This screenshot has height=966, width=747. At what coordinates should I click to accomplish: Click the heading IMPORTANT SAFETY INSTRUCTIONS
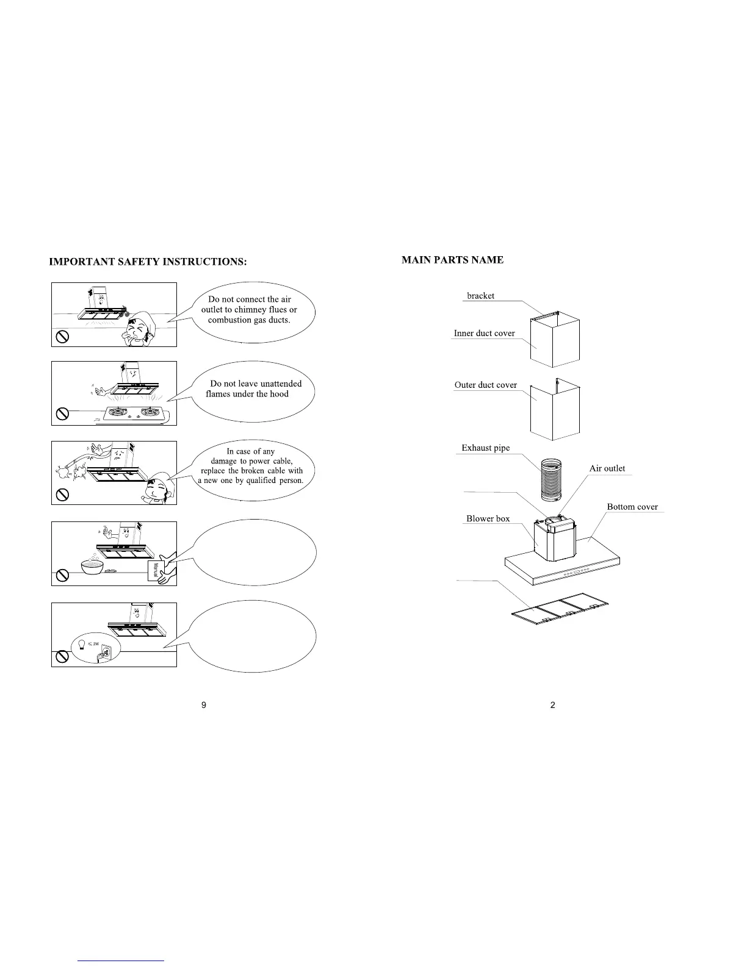[148, 262]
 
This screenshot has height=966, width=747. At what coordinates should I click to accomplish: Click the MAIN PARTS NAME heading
[452, 260]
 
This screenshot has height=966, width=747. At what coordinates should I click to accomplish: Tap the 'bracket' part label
[480, 296]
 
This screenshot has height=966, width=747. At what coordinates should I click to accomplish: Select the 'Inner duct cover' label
[484, 334]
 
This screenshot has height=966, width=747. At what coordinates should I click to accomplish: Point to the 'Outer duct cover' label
[485, 385]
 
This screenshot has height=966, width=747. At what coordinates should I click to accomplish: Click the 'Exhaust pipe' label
[485, 448]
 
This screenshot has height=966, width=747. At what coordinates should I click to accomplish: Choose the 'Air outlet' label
[607, 468]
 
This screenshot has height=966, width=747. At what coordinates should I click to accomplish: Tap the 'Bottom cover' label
[632, 507]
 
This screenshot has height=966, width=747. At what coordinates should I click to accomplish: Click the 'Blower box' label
[488, 519]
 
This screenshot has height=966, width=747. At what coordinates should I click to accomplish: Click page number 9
[204, 705]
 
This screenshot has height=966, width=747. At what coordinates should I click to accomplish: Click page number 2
[553, 705]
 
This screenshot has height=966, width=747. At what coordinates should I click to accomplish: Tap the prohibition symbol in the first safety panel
[62, 336]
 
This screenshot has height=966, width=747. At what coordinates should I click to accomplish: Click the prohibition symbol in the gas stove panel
[62, 414]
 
